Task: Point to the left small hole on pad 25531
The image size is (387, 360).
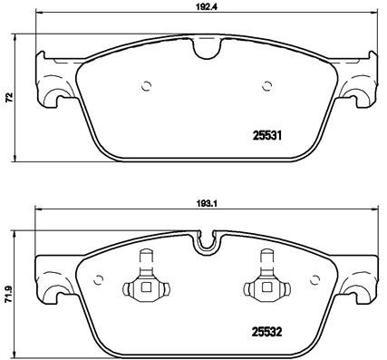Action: click(147, 88)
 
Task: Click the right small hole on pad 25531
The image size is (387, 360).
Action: click(266, 88)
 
